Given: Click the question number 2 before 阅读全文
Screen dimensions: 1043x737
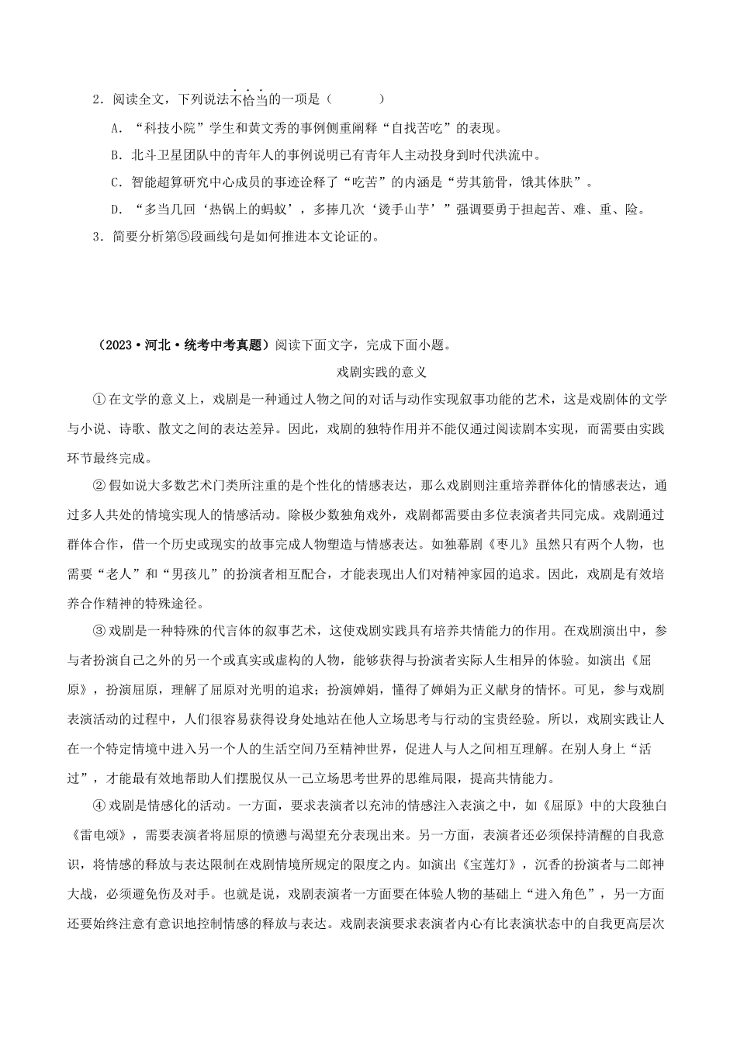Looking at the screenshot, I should click(95, 99).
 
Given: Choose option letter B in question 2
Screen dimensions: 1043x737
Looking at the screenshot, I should click(114, 155).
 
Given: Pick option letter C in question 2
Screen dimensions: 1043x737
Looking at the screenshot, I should click(114, 182).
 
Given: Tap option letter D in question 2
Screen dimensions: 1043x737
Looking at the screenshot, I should click(114, 210).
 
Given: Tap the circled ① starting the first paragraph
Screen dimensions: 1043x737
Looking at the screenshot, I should click(98, 399).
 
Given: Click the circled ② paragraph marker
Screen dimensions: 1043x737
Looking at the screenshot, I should click(98, 487).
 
